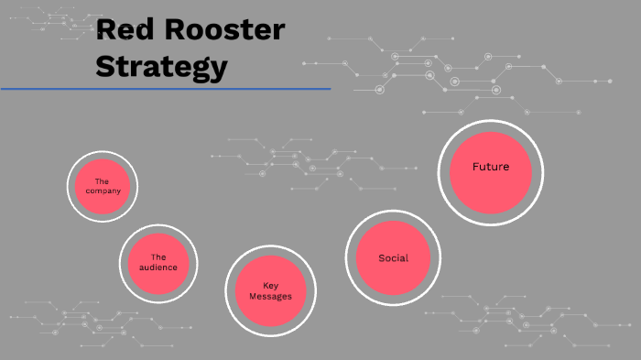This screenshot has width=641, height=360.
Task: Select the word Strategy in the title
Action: [x=161, y=66]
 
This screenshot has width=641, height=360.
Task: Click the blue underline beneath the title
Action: [x=165, y=89]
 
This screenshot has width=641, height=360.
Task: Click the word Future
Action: [x=490, y=168]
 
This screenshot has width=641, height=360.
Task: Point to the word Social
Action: [x=393, y=258]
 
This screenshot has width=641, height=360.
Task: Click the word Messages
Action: [x=270, y=297]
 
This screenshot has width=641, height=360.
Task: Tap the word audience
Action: [x=158, y=267]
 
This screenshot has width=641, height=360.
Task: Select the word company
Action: [x=102, y=191]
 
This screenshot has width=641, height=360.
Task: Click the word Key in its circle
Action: [x=270, y=285]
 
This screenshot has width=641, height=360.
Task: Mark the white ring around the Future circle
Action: [x=490, y=122]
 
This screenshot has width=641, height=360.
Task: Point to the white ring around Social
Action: [x=393, y=213]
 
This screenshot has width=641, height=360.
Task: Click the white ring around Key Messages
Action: [x=270, y=247]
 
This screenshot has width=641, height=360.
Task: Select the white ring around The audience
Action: [x=158, y=225]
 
